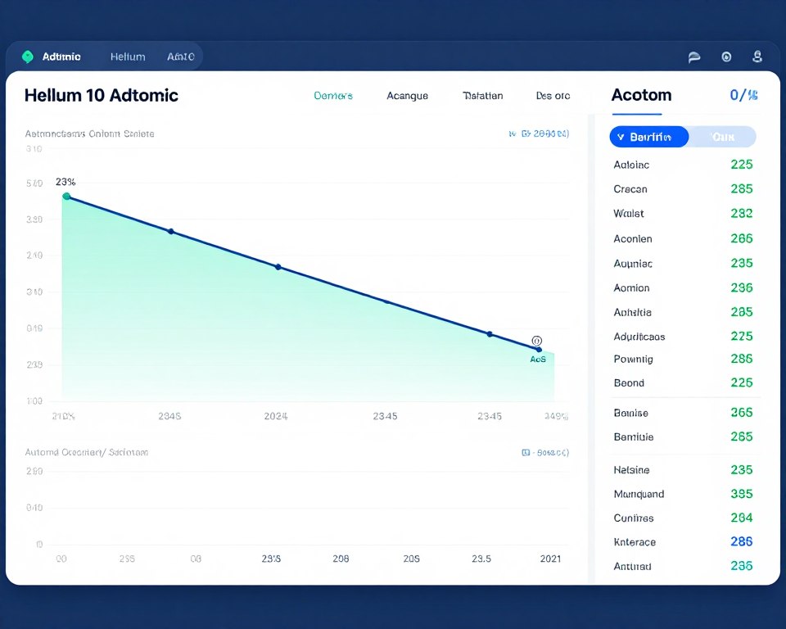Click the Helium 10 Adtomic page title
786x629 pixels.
(x=101, y=95)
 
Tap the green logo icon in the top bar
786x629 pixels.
(x=27, y=57)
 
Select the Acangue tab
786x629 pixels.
(x=407, y=96)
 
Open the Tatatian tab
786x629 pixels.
(x=482, y=96)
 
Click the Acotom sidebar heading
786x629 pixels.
(x=641, y=95)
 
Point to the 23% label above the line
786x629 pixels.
(x=65, y=182)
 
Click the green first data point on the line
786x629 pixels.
(x=66, y=197)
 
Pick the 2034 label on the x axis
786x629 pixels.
(x=275, y=416)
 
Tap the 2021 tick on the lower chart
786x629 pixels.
(x=550, y=559)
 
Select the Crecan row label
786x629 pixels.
(x=630, y=189)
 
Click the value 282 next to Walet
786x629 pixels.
(x=741, y=214)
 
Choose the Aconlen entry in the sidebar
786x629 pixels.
(x=633, y=239)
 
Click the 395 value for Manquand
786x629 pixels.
(x=741, y=494)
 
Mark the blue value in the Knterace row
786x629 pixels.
(x=741, y=542)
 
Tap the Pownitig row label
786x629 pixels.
(x=633, y=359)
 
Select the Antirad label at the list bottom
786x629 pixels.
(x=632, y=566)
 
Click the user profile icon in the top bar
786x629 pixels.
(x=757, y=57)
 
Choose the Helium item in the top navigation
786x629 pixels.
(x=128, y=57)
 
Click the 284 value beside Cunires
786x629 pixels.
(x=741, y=518)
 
